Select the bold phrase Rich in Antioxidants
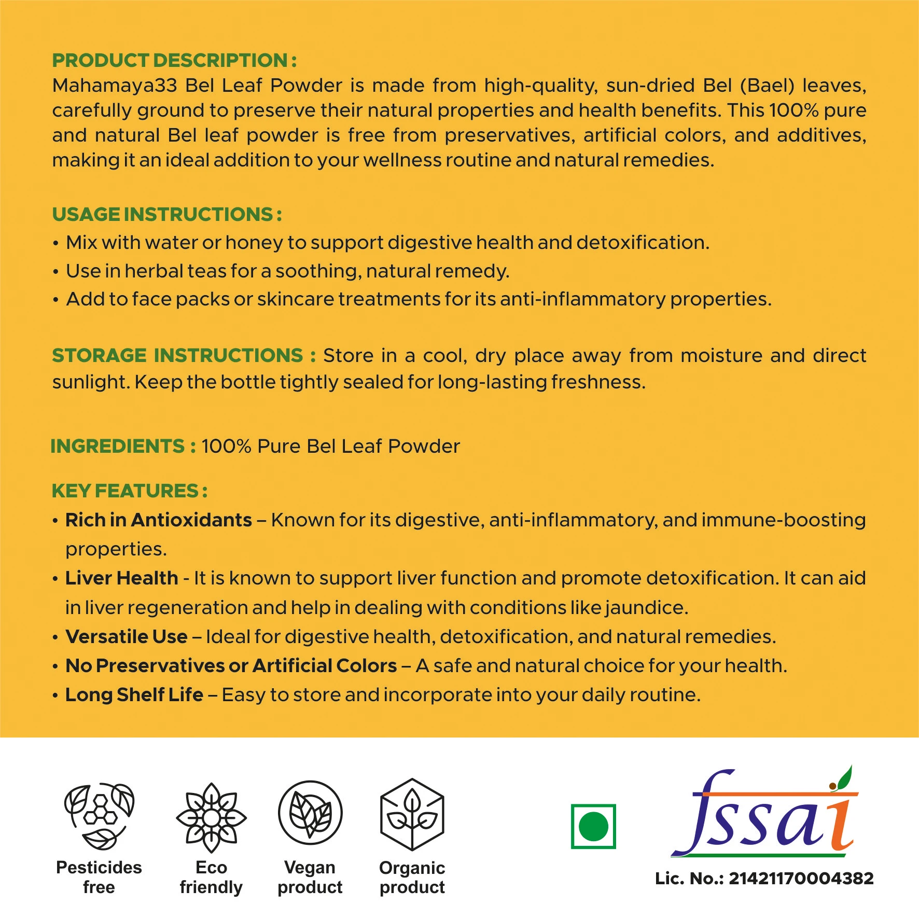pos(159,520)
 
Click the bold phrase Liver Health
pos(122,578)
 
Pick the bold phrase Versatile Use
pos(127,637)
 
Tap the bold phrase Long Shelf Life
pos(134,695)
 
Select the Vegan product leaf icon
pos(310,813)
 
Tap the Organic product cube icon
pos(412,814)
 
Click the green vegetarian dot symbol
pos(593,826)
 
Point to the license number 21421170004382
pos(801,879)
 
